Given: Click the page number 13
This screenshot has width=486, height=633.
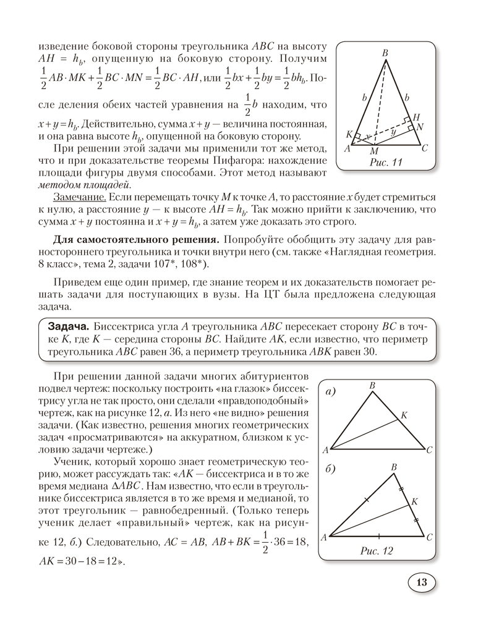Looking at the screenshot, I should click(422, 583).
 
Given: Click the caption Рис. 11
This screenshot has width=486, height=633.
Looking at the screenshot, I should click(385, 163).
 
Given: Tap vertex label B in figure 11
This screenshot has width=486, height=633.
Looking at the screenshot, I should click(385, 54).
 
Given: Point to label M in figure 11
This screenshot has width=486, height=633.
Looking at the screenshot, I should click(373, 151).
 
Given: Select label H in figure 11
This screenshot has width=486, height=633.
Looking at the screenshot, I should click(416, 117).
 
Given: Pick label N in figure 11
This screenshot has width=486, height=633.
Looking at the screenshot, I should click(420, 126).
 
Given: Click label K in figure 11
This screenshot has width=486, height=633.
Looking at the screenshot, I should click(349, 134).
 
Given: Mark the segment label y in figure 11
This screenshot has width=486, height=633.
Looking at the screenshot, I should click(394, 132).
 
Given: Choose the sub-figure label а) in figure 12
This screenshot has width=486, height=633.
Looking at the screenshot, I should click(331, 391).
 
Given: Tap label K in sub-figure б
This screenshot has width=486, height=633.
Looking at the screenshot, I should click(415, 501).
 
